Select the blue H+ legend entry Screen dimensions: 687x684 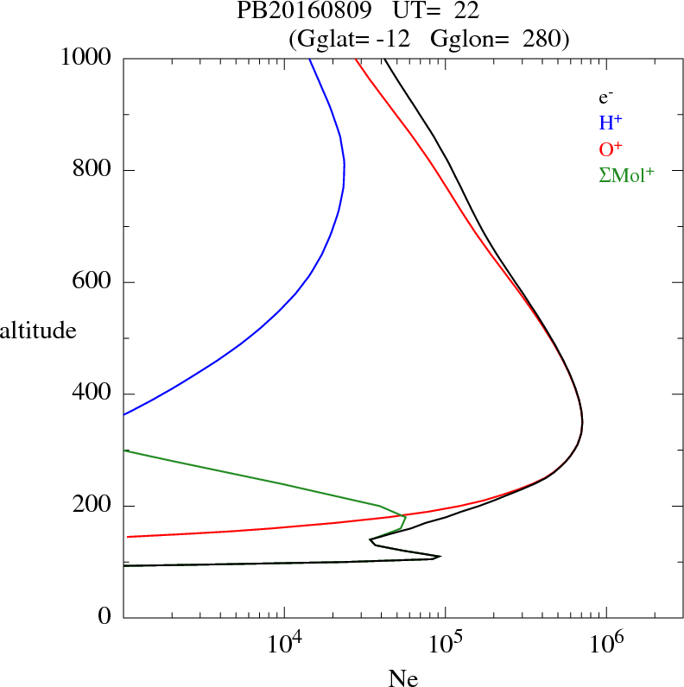[611, 123]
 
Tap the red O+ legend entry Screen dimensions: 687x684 [611, 148]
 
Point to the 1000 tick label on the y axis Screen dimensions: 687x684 [87, 58]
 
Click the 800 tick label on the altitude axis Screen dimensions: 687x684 [93, 170]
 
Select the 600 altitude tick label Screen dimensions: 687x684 [93, 282]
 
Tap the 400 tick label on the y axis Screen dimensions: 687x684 [93, 394]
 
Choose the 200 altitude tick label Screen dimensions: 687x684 [93, 506]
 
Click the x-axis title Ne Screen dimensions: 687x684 [402, 678]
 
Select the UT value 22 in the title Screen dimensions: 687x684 [466, 11]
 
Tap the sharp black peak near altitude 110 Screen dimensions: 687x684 [440, 557]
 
